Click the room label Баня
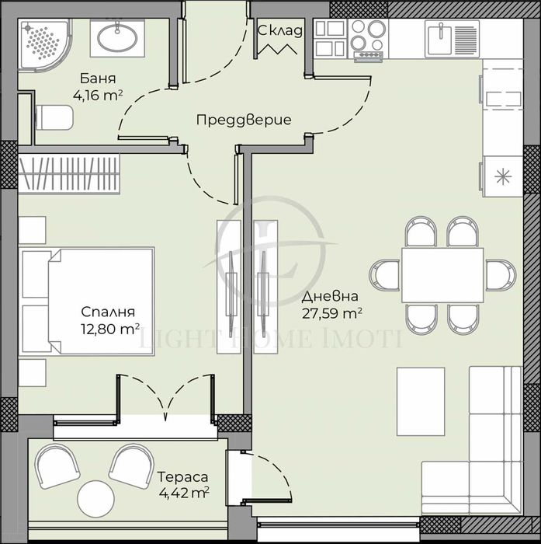coord(98,79)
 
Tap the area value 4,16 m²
coord(99,96)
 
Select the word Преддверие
coord(243,120)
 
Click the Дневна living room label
coord(331,296)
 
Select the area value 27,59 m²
coord(332,313)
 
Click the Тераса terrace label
coord(182,476)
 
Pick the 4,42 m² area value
coord(183,493)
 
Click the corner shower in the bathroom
coord(45,44)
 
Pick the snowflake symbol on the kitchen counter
coord(504,176)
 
